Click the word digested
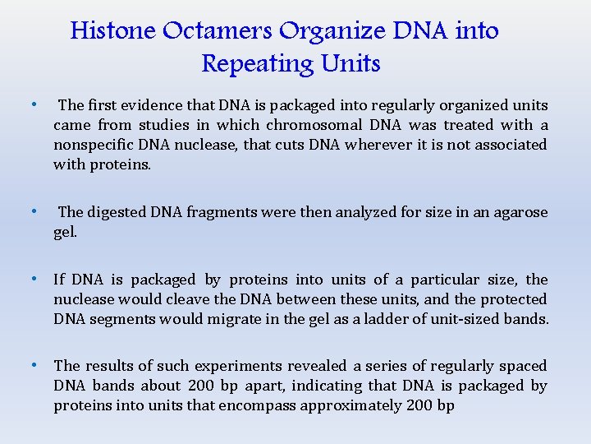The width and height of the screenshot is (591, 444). click(x=116, y=212)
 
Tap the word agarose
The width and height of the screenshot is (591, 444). click(x=518, y=212)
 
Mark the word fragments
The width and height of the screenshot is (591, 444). click(x=222, y=212)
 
